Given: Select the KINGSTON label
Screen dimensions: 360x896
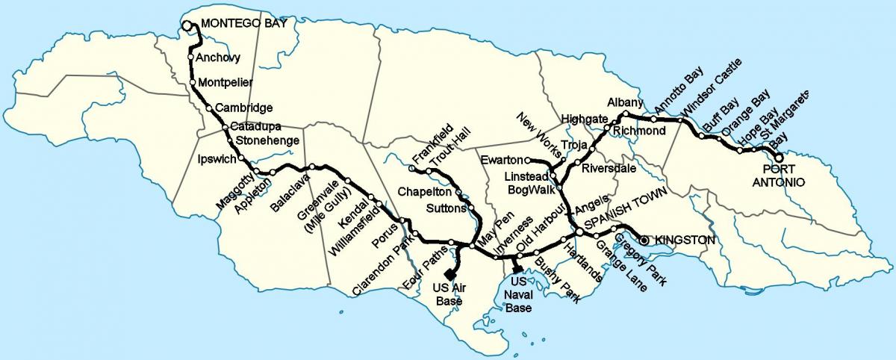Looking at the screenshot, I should [x=685, y=240].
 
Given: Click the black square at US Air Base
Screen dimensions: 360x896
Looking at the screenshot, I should [x=449, y=273].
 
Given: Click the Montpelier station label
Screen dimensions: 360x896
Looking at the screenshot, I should [x=225, y=81].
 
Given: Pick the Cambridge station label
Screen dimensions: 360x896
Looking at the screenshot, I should [x=243, y=108].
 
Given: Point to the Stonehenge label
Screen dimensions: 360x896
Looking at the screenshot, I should [x=267, y=140].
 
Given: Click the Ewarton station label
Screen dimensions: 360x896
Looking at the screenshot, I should [x=502, y=160].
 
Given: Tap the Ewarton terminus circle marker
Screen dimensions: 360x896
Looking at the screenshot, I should [x=527, y=160].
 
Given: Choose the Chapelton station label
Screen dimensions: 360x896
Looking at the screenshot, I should [x=422, y=191].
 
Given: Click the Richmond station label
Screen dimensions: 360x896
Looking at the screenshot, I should [x=639, y=131].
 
